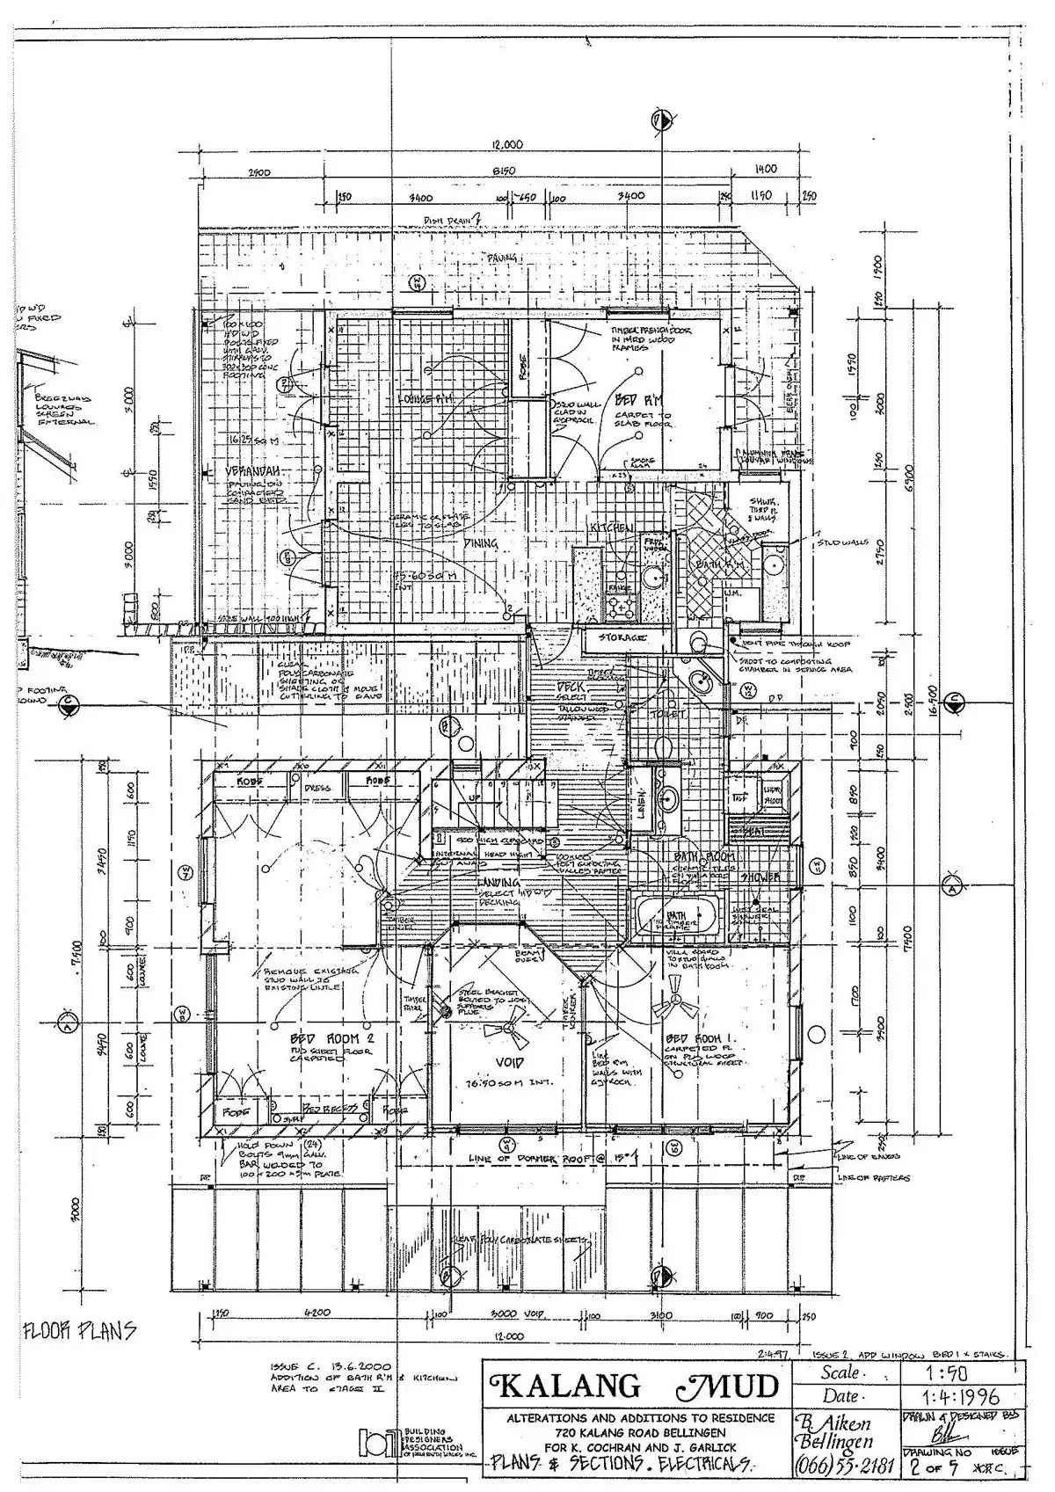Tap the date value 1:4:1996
point(964,1422)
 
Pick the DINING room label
point(483,544)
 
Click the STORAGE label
point(622,637)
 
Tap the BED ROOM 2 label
point(323,1037)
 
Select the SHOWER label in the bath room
point(759,877)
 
